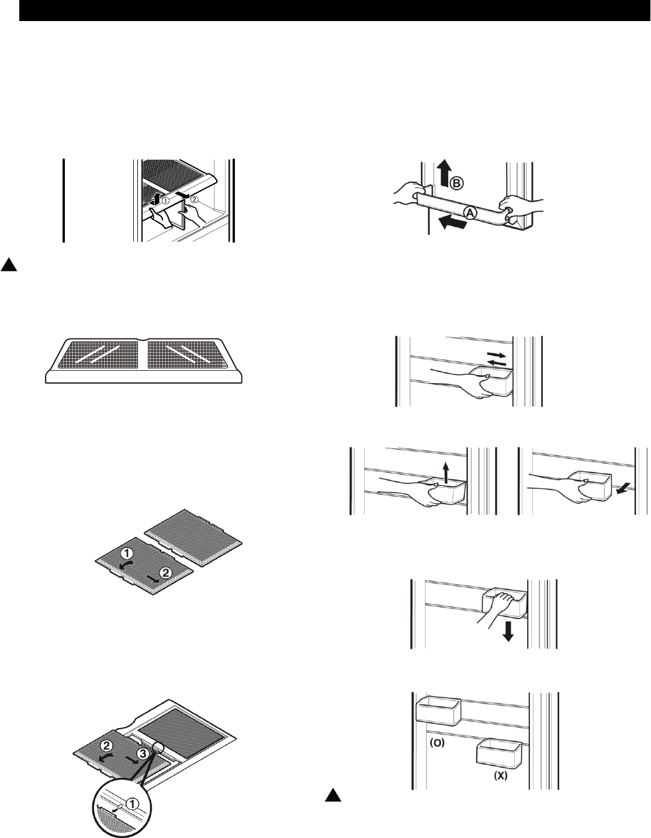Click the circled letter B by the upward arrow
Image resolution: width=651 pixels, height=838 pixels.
click(457, 184)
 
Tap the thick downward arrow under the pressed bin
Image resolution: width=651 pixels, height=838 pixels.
click(508, 632)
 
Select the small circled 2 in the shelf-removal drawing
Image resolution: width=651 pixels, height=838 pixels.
click(194, 200)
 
